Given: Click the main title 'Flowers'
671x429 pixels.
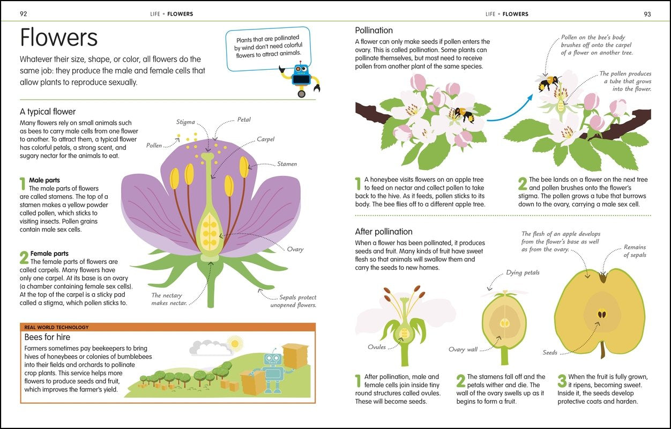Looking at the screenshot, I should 59,38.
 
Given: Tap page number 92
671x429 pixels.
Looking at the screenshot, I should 23,14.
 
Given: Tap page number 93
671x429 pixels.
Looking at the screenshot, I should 647,14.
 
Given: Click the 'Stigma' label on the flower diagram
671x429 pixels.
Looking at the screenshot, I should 185,122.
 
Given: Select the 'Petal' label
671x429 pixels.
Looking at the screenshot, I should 244,120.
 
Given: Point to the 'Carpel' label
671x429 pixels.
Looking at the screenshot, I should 265,139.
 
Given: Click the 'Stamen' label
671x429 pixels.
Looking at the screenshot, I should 287,164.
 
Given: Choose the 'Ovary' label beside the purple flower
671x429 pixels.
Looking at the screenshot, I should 295,249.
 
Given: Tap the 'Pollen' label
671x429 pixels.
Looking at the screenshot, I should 154,145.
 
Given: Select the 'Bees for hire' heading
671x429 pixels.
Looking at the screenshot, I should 47,337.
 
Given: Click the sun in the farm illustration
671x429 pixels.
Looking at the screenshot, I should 234,343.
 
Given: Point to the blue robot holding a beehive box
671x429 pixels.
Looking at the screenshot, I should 273,367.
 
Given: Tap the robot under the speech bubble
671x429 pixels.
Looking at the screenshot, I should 302,78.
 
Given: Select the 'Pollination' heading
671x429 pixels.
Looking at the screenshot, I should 374,31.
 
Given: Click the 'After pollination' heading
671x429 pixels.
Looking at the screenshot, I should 384,232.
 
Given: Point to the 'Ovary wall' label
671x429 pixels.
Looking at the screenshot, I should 463,350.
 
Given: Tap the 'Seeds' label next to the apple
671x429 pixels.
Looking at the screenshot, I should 550,353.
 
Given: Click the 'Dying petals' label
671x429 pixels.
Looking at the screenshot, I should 523,273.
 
